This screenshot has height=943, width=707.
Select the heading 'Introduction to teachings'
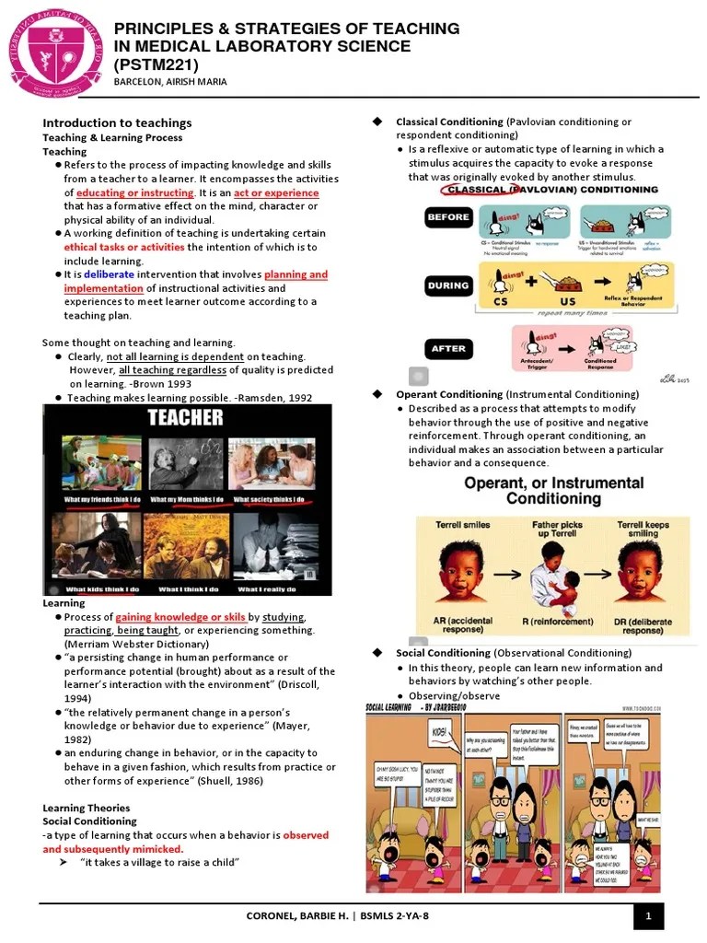(117, 122)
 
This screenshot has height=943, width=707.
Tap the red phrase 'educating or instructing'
(135, 192)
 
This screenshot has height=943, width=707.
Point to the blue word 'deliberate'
(109, 274)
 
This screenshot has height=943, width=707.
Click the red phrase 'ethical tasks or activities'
(124, 247)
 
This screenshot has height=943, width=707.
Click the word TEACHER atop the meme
(186, 418)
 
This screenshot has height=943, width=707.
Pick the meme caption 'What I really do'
(267, 588)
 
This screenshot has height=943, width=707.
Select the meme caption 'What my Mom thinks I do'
(187, 500)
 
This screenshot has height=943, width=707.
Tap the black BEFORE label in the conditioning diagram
(448, 218)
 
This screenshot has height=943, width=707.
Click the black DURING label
(448, 285)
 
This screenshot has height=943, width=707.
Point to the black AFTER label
(448, 348)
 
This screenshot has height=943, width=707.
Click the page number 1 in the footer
(648, 915)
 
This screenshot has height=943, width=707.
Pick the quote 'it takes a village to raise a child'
(160, 862)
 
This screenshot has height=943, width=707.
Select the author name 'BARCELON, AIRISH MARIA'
(169, 81)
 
